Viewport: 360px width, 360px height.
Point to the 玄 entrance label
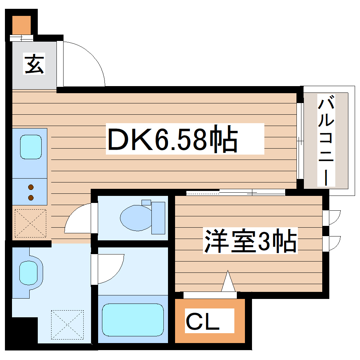click(x=35, y=64)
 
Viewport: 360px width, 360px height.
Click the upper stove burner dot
click(x=31, y=187)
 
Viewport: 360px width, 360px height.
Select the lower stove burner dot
click(x=31, y=197)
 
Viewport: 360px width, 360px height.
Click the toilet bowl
click(x=136, y=218)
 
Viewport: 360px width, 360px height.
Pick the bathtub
click(x=133, y=320)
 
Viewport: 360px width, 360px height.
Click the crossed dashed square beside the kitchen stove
click(x=31, y=223)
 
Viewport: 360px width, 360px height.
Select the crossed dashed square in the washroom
click(x=67, y=324)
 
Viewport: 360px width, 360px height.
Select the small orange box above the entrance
click(x=22, y=24)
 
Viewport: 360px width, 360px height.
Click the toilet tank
click(x=158, y=218)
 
